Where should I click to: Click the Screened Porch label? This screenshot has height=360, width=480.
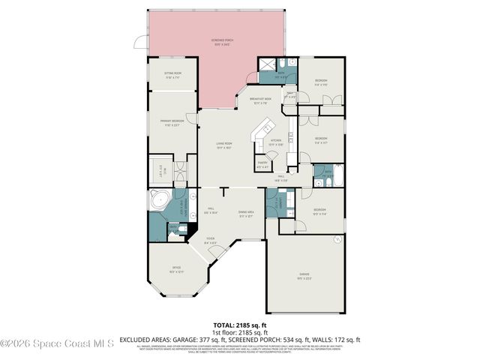(x=219, y=43)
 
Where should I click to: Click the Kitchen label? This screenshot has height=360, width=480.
(x=275, y=141)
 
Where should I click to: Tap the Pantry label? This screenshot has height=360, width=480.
(x=262, y=165)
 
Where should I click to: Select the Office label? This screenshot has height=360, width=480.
(x=175, y=270)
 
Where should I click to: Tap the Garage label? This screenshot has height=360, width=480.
(x=304, y=275)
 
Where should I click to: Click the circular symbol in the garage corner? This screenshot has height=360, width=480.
(x=340, y=238)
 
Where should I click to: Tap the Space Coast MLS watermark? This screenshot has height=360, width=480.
(x=57, y=344)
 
